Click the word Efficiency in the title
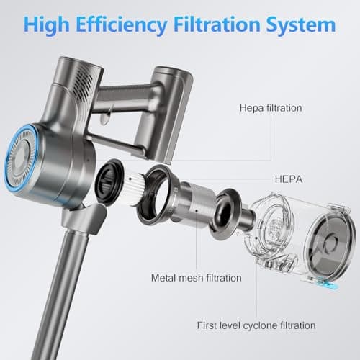point(122,25)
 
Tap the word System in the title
point(301,25)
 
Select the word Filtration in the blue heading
point(217,24)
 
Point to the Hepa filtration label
point(271,108)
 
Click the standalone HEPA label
point(289,179)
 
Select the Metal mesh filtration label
point(197,278)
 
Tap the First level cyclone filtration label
point(256,325)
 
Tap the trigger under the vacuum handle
point(105,117)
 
